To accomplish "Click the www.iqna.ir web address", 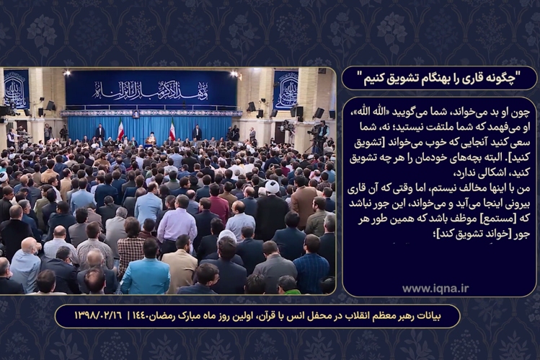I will (x=435, y=289).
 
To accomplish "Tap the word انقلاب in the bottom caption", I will (x=389, y=316).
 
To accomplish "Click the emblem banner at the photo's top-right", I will (x=286, y=89).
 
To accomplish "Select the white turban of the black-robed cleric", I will (x=272, y=187).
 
